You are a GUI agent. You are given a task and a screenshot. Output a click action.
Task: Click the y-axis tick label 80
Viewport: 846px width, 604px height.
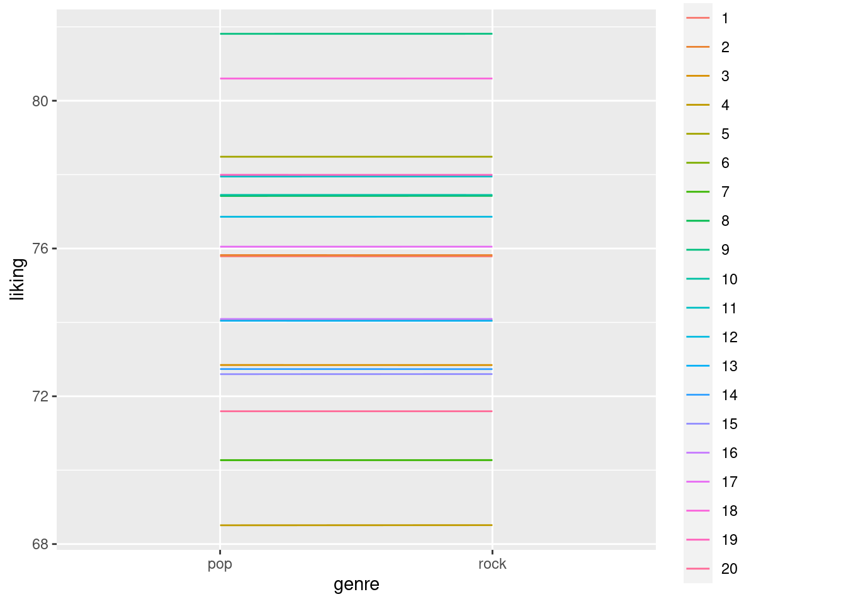click(40, 101)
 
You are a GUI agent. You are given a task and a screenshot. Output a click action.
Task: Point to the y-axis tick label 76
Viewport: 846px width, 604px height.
click(40, 249)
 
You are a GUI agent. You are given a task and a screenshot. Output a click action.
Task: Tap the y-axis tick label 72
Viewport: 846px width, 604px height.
click(40, 396)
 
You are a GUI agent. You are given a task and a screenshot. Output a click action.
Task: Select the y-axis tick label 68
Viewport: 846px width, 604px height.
click(40, 544)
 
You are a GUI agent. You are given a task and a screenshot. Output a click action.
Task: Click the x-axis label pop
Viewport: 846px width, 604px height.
click(220, 564)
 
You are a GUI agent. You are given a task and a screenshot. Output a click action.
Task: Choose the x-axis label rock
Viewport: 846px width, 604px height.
click(492, 564)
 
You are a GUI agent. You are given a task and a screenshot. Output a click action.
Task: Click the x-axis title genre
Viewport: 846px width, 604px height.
click(356, 584)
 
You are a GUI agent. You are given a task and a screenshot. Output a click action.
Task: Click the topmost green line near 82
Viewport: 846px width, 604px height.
click(356, 33)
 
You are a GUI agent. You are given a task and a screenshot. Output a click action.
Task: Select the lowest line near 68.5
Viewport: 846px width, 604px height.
click(356, 525)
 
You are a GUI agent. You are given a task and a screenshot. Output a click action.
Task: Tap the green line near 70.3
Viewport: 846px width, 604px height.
click(356, 460)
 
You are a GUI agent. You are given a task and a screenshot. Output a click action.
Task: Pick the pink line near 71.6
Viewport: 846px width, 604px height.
click(356, 411)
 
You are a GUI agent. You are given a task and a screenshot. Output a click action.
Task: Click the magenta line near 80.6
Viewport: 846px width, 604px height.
click(356, 79)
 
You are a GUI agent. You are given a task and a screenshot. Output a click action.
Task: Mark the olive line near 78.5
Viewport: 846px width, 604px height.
click(356, 157)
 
